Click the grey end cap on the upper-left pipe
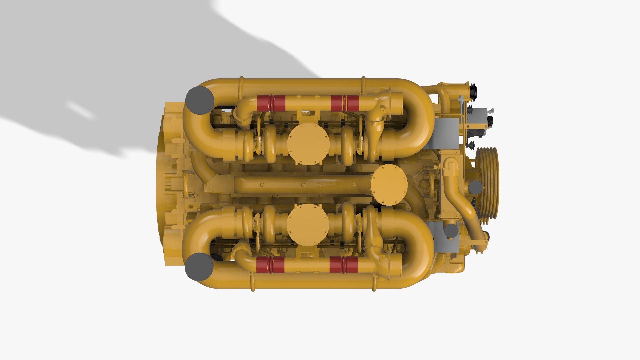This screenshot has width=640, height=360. coord(199,100)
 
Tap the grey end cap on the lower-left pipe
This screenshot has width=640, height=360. coord(199,267)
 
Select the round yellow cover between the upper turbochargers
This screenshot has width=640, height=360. coord(308,144)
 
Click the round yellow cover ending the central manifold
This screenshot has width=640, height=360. coord(389,185)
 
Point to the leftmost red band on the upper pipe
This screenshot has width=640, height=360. coord(263,103)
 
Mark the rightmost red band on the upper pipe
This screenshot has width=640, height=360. coord(353,103)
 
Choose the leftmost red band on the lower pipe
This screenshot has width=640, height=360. coord(262,265)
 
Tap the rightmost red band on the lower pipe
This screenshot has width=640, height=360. coord(352,265)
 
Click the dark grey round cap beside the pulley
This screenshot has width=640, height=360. coord(475,187)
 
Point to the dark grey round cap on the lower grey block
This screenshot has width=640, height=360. coord(451,231)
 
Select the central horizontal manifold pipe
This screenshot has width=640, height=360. coord(300,185)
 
